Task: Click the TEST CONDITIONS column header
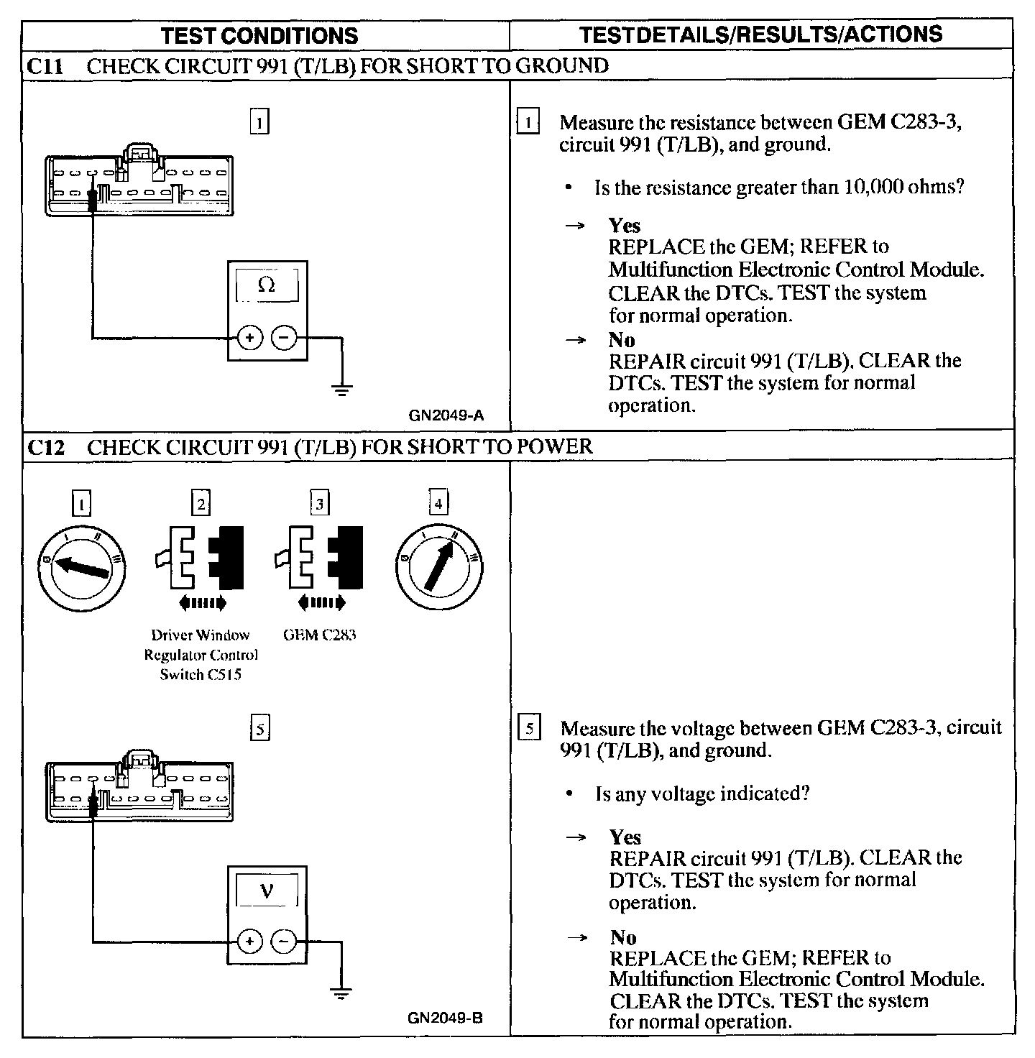[259, 35]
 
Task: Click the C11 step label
[45, 67]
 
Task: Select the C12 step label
[45, 448]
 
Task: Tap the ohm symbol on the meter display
[266, 286]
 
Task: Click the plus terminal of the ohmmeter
[249, 337]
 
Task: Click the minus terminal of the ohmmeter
[285, 337]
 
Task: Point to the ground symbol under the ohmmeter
[341, 390]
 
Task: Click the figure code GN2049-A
[446, 415]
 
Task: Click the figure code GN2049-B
[445, 1018]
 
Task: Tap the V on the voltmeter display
[266, 891]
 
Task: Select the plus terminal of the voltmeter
[249, 941]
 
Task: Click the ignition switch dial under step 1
[81, 567]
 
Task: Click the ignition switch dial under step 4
[439, 567]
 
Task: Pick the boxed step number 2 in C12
[201, 503]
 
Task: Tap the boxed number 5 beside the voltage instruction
[528, 730]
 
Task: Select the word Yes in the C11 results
[624, 226]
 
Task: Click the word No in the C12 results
[623, 937]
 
